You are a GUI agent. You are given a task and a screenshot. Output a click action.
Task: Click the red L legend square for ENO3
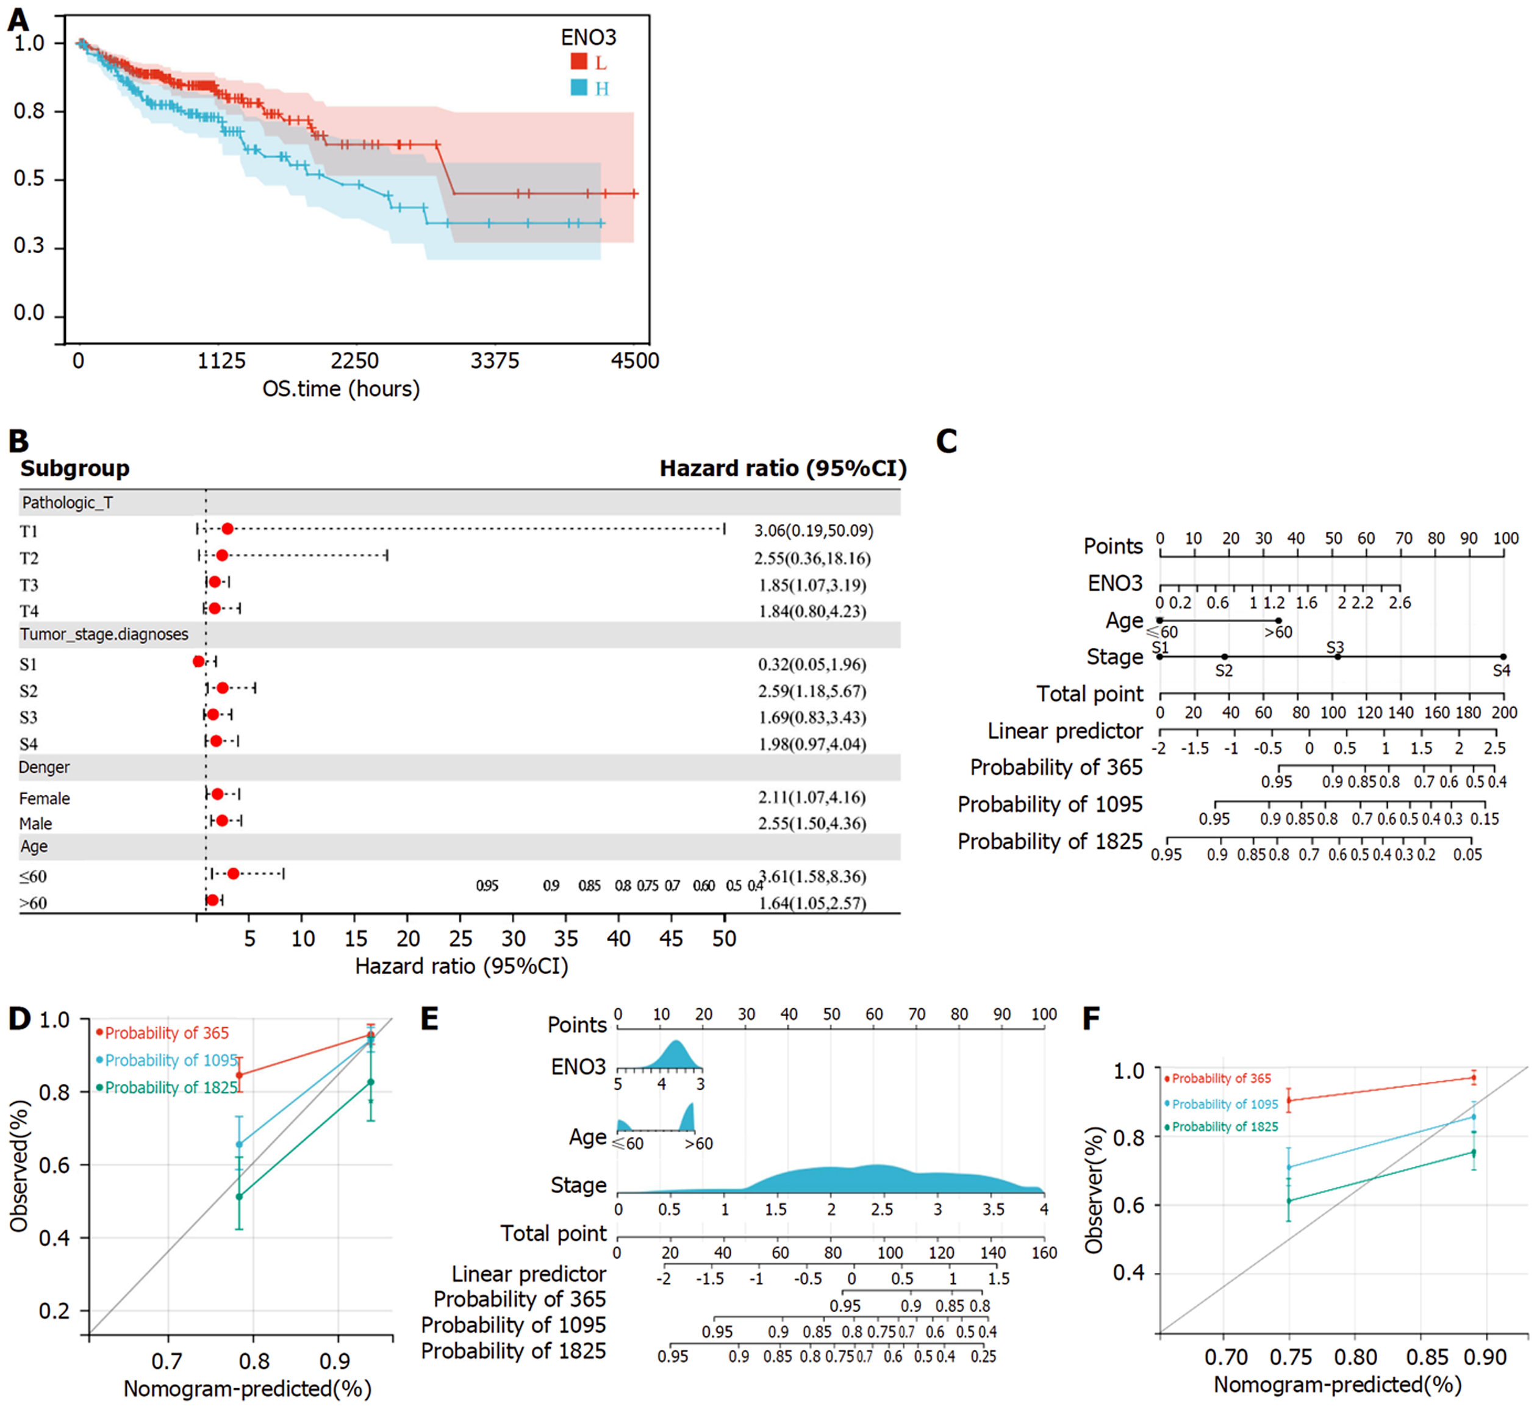click(579, 62)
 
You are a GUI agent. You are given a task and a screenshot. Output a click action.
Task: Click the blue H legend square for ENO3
click(579, 88)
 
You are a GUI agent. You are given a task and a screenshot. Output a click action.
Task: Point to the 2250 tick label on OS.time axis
click(354, 360)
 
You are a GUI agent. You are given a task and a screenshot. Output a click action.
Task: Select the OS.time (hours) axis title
click(341, 389)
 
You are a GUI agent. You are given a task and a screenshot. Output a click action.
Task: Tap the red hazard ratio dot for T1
click(227, 529)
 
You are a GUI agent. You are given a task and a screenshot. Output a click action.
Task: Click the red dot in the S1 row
click(199, 661)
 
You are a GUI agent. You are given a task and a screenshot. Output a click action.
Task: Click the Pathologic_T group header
click(67, 503)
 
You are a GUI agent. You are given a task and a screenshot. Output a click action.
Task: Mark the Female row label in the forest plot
click(44, 798)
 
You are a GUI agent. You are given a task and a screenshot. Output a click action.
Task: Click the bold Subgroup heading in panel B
click(74, 468)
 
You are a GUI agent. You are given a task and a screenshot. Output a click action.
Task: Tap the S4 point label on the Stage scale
click(1501, 671)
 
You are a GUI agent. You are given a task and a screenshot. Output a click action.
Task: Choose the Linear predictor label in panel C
click(1065, 731)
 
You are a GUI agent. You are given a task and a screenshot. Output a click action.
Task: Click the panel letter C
click(946, 442)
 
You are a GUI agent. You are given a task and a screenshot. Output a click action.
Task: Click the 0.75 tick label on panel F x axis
click(1290, 1358)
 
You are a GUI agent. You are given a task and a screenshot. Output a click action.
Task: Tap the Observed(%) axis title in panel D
click(19, 1166)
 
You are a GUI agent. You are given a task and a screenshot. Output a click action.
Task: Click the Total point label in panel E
click(554, 1233)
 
